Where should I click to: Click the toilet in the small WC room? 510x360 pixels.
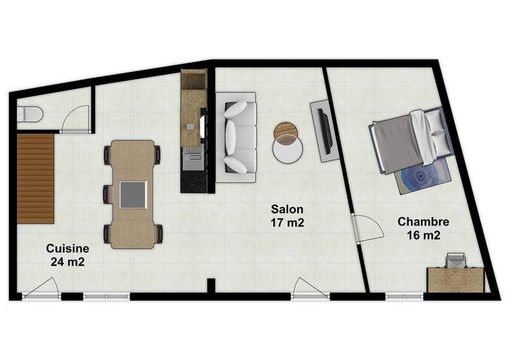tap(31, 115)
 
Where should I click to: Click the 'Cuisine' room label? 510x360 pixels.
tap(66, 248)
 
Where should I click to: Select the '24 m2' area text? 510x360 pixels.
tap(66, 261)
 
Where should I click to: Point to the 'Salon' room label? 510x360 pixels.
tap(287, 209)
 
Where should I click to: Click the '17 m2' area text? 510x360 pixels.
tap(287, 222)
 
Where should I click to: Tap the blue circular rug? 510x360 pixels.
tap(424, 175)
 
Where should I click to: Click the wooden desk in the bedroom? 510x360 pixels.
tap(455, 279)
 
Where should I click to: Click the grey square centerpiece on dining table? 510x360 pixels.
tap(134, 194)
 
